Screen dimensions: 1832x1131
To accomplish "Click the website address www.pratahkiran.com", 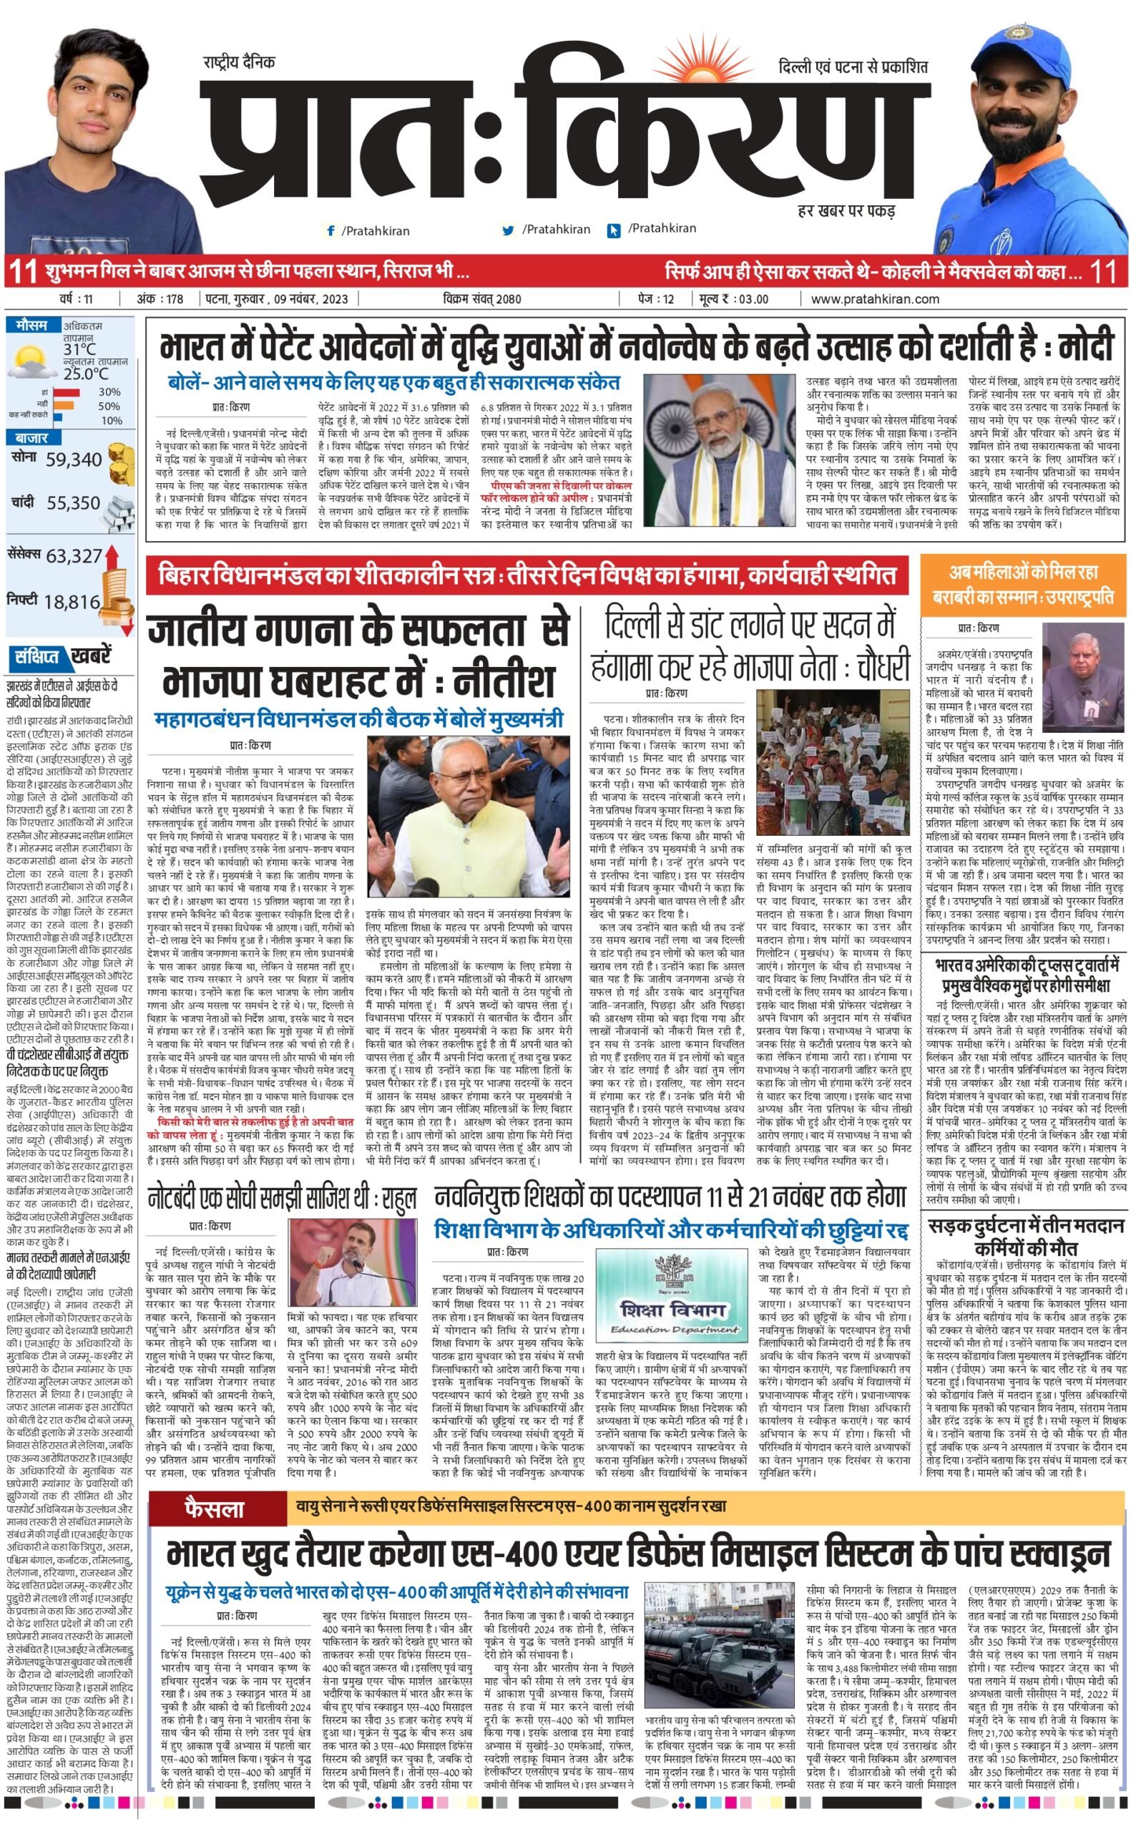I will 874,299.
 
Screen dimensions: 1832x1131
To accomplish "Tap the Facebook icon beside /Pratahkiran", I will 330,231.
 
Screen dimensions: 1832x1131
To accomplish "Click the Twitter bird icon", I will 509,230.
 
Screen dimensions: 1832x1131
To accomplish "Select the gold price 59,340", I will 73,459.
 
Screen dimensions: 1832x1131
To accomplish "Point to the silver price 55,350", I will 73,504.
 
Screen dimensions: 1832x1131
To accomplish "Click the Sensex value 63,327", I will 73,556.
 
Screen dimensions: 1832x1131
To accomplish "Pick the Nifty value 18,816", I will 72,601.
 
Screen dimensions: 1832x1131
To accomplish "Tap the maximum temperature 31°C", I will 79,349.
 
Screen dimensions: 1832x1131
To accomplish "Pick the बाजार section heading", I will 31,438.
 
